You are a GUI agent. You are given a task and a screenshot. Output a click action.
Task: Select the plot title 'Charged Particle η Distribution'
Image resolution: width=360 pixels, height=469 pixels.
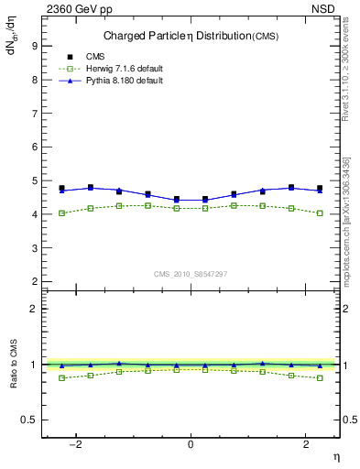click(x=169, y=36)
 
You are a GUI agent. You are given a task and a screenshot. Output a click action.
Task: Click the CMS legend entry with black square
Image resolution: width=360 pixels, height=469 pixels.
click(x=95, y=56)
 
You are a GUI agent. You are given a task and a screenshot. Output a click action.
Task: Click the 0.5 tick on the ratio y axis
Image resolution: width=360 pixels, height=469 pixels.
click(x=31, y=420)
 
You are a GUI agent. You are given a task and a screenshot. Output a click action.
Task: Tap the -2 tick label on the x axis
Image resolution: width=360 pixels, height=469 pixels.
click(x=79, y=444)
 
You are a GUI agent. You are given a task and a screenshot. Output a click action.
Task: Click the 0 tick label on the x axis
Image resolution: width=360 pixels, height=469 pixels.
click(x=191, y=444)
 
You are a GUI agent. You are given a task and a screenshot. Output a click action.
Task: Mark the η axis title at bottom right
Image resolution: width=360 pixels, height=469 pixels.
click(x=335, y=455)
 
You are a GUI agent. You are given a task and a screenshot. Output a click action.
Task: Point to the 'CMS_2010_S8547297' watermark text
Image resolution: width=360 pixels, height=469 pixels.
click(x=191, y=273)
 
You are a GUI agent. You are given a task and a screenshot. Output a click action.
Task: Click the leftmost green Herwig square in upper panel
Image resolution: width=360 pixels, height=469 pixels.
click(x=61, y=213)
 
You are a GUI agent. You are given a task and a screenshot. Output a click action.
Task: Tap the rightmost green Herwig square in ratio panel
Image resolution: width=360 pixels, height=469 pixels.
click(x=320, y=377)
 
